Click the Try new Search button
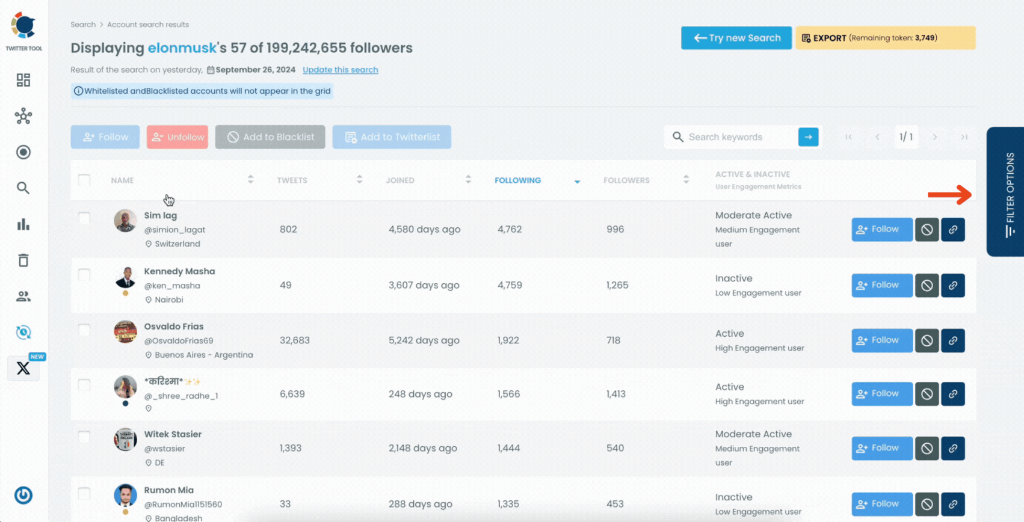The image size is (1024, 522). coord(736,38)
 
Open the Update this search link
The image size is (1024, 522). coord(340,70)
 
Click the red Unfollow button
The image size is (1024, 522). coord(177,137)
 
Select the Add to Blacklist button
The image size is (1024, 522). coord(270,137)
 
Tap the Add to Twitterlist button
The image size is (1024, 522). coord(392,137)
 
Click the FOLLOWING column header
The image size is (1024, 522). coord(517,180)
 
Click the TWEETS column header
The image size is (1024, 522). coord(292,180)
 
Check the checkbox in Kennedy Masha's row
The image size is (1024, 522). coord(84,275)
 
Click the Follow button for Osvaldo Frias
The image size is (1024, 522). coord(881,340)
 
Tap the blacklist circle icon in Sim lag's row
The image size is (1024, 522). coord(927,230)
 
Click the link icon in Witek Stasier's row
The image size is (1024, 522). coord(953,449)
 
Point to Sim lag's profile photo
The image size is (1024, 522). coord(125,221)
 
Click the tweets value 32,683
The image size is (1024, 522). coord(294,340)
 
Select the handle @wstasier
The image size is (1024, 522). coord(164,449)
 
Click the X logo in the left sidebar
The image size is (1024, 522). coord(23,368)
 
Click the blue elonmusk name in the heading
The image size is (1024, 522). coord(182,48)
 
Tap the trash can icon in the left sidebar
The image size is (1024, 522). coord(23,260)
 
